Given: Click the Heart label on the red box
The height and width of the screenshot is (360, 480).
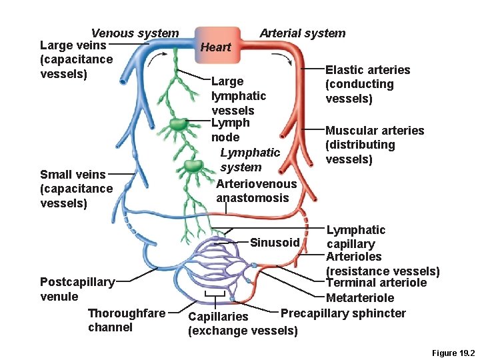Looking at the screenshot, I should (215, 47).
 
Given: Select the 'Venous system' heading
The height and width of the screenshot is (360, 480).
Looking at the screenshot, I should (135, 33).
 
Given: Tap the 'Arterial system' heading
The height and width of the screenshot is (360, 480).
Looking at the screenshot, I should (302, 33).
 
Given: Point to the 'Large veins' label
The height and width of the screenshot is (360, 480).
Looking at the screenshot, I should (73, 46).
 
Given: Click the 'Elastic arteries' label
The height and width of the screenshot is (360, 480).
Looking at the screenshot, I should (367, 70).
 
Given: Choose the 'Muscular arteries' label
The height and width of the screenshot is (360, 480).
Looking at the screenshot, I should (374, 131).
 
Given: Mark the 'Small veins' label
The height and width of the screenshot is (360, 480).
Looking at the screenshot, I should (73, 175).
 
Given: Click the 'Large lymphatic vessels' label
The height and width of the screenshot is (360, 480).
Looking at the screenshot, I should (238, 96).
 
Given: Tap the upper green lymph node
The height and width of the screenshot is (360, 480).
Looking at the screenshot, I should (179, 124).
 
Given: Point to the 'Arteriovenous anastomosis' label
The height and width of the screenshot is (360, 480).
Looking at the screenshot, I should (257, 191).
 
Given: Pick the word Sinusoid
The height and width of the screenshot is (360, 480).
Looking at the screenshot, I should (275, 243).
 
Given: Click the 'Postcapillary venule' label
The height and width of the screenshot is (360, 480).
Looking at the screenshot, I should (77, 289).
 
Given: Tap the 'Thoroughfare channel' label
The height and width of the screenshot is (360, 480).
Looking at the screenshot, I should (127, 320).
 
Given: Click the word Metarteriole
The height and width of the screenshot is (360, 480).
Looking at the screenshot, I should (360, 298).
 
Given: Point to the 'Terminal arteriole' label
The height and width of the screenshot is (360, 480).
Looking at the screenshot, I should (376, 283).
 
